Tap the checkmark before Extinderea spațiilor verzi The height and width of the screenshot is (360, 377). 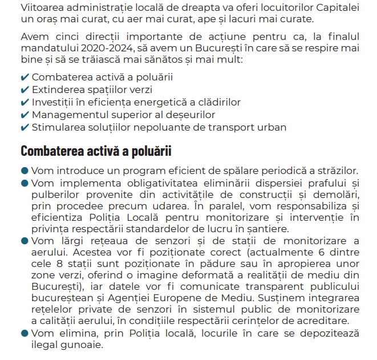coord(25,90)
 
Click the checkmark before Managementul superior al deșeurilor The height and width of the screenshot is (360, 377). coord(25,115)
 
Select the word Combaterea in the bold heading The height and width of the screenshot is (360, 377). coord(50,151)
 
